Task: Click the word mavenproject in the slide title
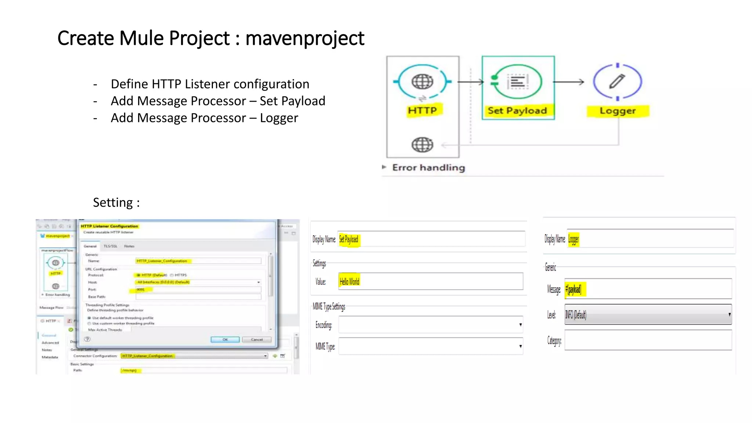tap(305, 39)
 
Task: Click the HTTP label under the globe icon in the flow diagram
tap(422, 111)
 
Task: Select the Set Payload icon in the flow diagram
tap(517, 82)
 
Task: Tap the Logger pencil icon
tap(617, 82)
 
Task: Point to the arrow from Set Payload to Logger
tap(568, 82)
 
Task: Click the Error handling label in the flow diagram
tap(428, 168)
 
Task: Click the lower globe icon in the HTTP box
tap(422, 145)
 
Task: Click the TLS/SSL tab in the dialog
tap(110, 246)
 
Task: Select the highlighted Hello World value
tap(349, 282)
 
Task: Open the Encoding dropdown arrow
tap(520, 325)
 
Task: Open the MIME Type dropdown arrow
tap(520, 346)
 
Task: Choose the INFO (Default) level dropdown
tap(648, 315)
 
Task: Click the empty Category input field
tap(648, 340)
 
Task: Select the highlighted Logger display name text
tap(573, 239)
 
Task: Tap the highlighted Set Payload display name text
tap(348, 239)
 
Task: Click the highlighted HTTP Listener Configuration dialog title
tap(109, 226)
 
